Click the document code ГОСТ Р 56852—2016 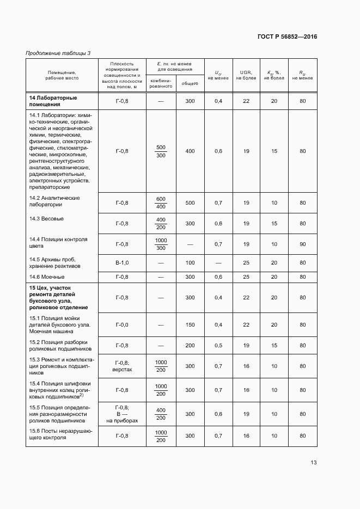(x=287, y=37)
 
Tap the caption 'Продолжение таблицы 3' (x=58, y=53)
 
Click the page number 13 (x=313, y=463)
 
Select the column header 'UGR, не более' (x=246, y=75)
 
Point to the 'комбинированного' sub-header (x=161, y=83)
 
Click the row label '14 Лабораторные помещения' (x=53, y=101)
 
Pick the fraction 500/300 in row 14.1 (x=161, y=151)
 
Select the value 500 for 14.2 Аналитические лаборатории (x=190, y=203)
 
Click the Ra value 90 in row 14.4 (x=302, y=244)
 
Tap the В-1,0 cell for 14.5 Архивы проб (x=122, y=263)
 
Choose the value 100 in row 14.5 (x=190, y=263)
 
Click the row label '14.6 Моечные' (x=47, y=277)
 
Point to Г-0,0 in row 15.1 (x=122, y=324)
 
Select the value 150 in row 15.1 (x=190, y=324)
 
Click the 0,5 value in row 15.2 (x=218, y=345)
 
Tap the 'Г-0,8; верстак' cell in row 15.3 (x=122, y=366)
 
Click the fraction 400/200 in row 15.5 (x=161, y=414)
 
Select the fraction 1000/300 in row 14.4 (x=161, y=244)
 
